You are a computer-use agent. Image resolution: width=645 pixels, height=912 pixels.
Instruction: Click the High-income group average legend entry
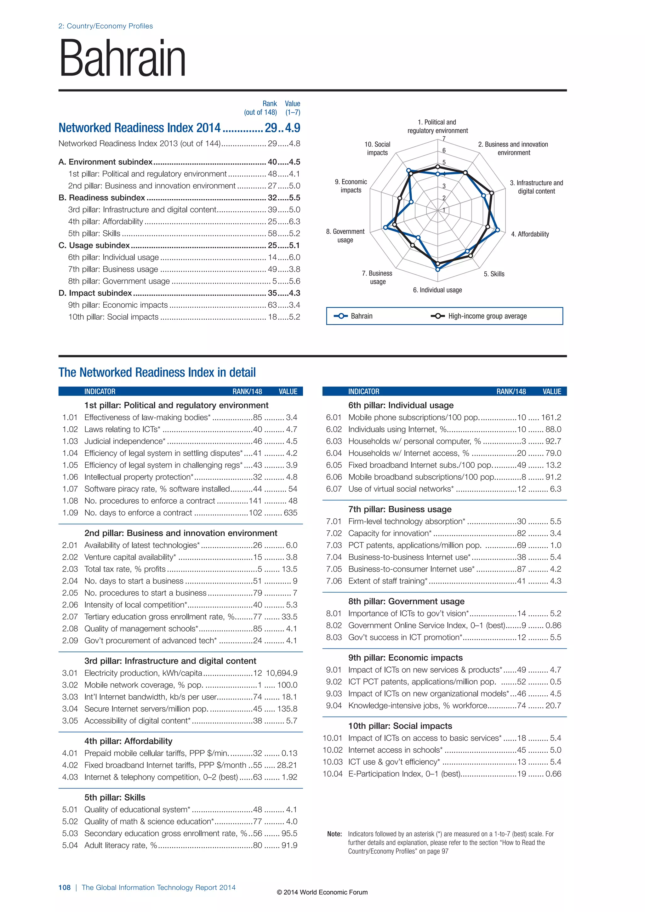(x=487, y=316)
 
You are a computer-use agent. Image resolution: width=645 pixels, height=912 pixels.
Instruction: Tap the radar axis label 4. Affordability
(x=530, y=234)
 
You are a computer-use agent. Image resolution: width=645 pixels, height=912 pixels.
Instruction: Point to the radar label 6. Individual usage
(x=437, y=290)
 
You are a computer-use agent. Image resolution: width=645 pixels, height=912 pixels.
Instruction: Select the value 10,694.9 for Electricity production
(x=281, y=673)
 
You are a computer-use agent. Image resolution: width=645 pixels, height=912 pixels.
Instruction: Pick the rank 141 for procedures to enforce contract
(x=255, y=501)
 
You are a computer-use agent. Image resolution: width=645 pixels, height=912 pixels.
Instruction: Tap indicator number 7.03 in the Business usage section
(x=334, y=545)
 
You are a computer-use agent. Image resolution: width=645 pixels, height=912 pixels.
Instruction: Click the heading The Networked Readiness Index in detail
(x=157, y=373)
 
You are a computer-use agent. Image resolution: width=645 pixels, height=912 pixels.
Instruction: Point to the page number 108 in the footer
(x=64, y=887)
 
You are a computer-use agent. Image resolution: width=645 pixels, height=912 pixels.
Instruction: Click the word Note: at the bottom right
(x=334, y=834)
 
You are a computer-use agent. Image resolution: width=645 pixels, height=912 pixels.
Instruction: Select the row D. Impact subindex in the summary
(x=95, y=293)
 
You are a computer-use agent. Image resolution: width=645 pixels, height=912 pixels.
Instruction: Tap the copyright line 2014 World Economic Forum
(x=322, y=892)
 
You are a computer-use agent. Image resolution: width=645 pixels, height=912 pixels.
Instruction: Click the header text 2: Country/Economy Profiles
(x=106, y=26)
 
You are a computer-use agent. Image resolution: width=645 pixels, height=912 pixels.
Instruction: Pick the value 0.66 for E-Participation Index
(x=553, y=774)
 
